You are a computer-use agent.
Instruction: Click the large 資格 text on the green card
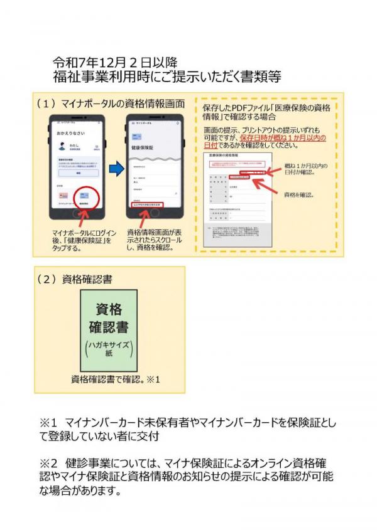click(109, 309)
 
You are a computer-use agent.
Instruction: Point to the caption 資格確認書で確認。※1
click(116, 379)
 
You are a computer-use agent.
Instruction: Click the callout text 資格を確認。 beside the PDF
click(300, 194)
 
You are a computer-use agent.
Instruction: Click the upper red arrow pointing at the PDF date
click(268, 170)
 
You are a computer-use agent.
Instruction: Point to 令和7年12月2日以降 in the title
click(116, 63)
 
